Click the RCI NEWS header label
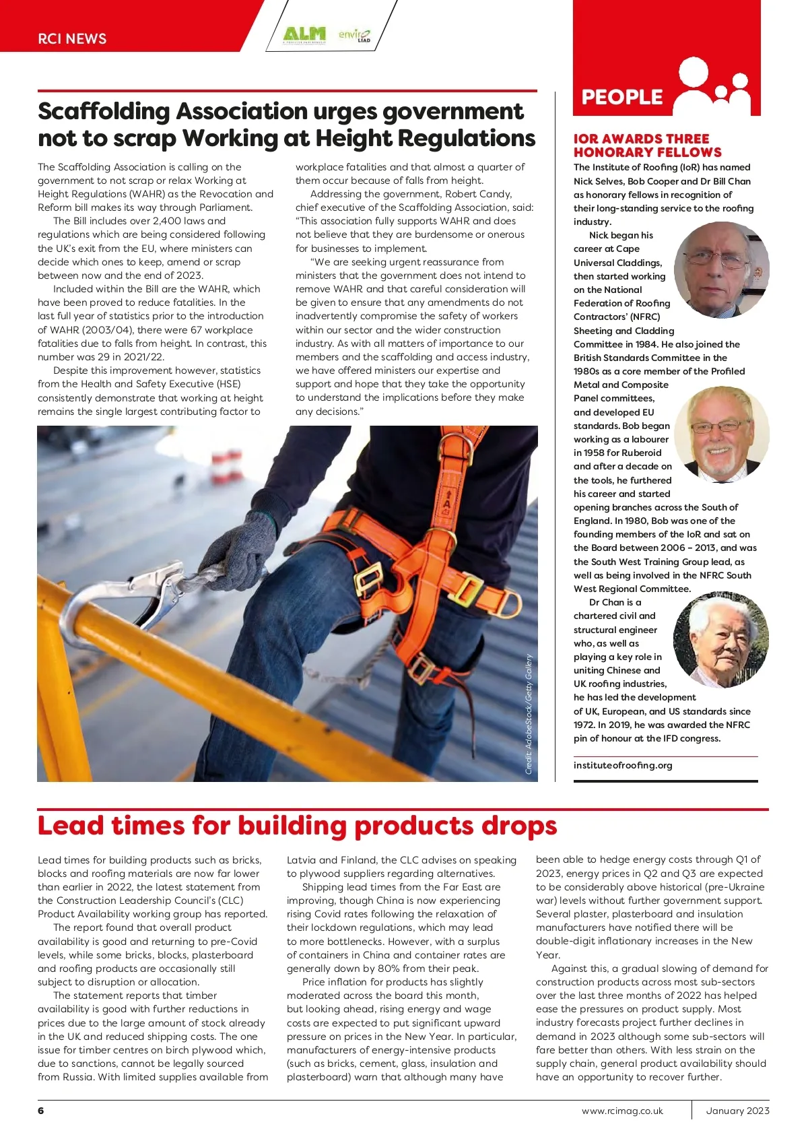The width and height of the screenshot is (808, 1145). (72, 38)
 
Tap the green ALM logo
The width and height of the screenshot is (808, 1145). (304, 34)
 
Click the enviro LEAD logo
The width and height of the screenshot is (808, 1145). (354, 34)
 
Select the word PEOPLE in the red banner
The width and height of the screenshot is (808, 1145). (622, 97)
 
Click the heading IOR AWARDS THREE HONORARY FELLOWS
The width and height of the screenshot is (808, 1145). (647, 145)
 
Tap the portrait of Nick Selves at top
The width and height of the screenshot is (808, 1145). (721, 269)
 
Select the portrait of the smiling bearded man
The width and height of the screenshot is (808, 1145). (721, 435)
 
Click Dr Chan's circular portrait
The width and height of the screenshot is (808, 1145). (720, 639)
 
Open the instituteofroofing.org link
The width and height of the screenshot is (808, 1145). (623, 765)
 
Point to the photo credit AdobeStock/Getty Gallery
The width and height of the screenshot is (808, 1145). (529, 714)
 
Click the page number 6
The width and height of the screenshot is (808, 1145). (41, 1111)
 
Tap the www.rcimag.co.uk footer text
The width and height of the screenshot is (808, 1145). (622, 1111)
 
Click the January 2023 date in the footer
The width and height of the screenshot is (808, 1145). (737, 1111)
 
